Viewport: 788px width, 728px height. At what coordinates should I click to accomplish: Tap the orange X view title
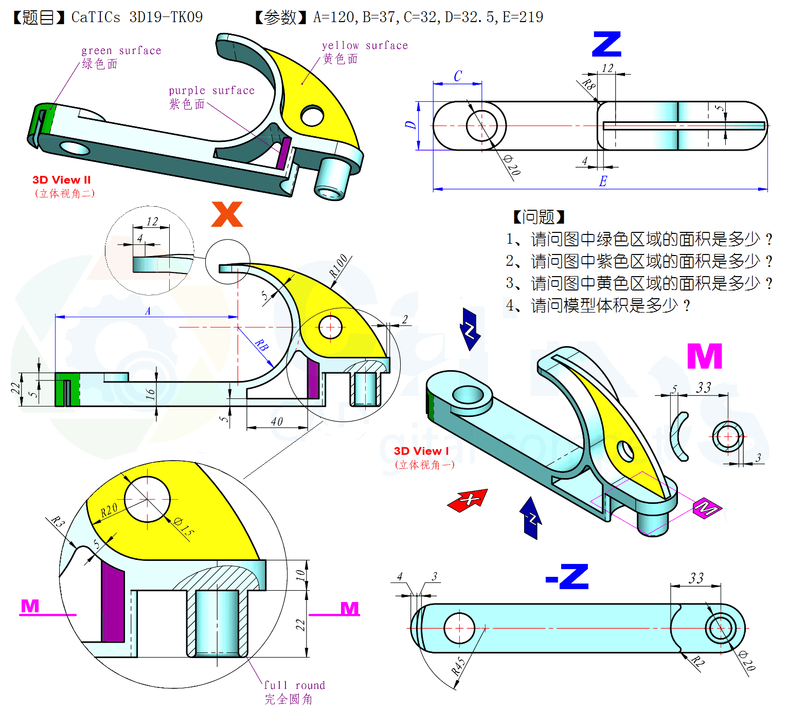coord(227,214)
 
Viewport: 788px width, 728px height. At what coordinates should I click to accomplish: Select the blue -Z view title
coord(567,577)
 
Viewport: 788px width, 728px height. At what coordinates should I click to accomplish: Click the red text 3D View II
coord(61,180)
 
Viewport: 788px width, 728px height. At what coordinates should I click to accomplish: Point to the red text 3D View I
coord(421,451)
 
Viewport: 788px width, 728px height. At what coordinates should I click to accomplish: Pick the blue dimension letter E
coord(603,181)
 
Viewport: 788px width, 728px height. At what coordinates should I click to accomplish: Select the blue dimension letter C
coord(458,76)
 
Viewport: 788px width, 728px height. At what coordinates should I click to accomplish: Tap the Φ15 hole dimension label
coord(184,527)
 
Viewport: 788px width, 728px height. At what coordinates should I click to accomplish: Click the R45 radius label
coord(458,666)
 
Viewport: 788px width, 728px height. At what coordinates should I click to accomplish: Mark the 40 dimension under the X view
coord(277,422)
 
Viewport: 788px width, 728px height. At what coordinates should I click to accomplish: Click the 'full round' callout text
coord(294,685)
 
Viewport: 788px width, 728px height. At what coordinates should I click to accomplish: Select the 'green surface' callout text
coord(121,50)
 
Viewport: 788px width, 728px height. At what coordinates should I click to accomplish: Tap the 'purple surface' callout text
coord(211,90)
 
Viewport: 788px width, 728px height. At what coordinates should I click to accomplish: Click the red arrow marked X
coord(468,500)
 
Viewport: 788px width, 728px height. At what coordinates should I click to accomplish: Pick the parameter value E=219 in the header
coord(523,17)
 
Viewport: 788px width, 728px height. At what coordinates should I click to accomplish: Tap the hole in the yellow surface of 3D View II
coord(312,116)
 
